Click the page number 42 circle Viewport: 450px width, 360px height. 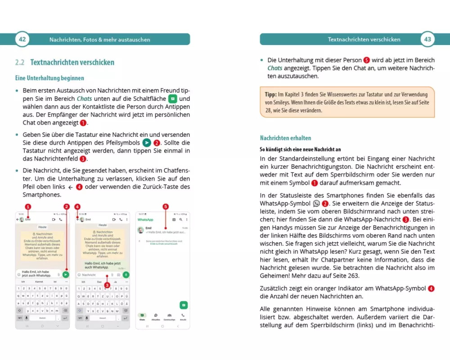point(22,39)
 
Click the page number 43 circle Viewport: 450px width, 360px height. point(427,39)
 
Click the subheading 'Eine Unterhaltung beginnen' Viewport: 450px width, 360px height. point(49,78)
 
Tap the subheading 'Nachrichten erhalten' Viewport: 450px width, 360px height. point(285,138)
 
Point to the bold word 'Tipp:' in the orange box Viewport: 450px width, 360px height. point(271,94)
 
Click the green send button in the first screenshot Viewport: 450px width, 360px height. point(66,274)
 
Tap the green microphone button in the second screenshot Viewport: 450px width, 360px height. point(126,274)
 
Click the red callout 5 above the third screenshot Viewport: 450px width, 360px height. point(166,207)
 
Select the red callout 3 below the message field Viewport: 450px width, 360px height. point(107,285)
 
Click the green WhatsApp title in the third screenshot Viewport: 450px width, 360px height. point(146,220)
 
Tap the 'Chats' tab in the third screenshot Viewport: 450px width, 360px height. point(142,317)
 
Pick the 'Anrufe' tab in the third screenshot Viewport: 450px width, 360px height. point(183,317)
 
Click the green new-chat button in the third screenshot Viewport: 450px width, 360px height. point(183,304)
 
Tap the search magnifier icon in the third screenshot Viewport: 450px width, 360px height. point(180,220)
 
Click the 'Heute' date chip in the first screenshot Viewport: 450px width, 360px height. point(42,227)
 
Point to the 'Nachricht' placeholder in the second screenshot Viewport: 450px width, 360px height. point(89,274)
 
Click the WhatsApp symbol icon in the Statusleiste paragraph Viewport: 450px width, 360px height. point(316,203)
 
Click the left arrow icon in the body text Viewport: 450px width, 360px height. point(71,186)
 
